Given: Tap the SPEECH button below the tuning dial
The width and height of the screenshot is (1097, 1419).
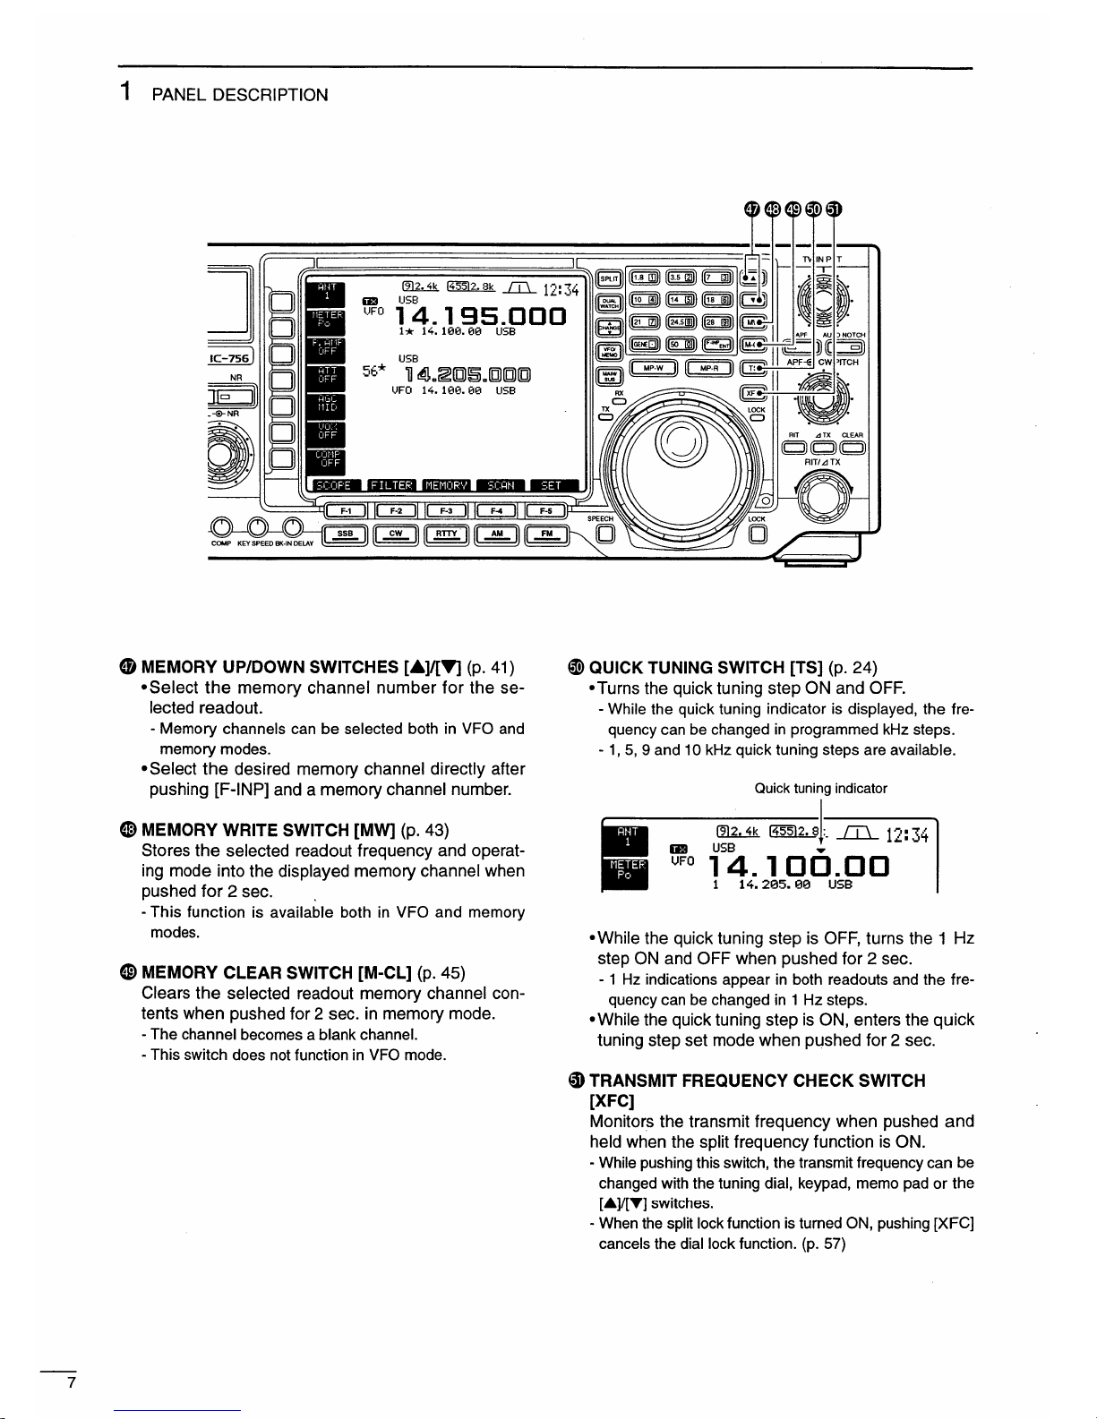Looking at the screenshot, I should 605,535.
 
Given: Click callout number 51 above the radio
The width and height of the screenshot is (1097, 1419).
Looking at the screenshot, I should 834,209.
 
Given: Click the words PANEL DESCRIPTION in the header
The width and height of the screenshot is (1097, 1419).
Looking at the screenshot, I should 240,95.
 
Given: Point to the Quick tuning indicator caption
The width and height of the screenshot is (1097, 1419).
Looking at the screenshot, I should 820,789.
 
